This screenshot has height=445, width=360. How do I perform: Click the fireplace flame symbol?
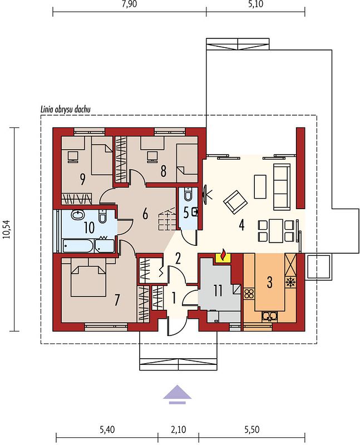(224, 254)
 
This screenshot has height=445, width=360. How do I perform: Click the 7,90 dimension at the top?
(129, 4)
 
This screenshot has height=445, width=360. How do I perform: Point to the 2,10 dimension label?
(178, 429)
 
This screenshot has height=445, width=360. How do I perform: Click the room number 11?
(218, 290)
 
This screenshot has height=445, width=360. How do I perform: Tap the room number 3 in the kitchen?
(269, 282)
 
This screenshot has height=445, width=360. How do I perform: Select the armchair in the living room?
(235, 202)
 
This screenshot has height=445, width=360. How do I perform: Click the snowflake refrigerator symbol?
(290, 283)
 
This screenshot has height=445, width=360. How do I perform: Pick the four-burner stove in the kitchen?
(249, 294)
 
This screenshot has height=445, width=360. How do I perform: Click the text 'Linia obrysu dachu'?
(66, 109)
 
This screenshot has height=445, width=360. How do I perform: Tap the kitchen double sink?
(269, 316)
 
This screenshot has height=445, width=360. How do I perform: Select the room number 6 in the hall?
(145, 214)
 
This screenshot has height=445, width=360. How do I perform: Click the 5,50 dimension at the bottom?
(251, 429)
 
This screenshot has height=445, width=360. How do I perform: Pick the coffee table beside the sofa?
(260, 186)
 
